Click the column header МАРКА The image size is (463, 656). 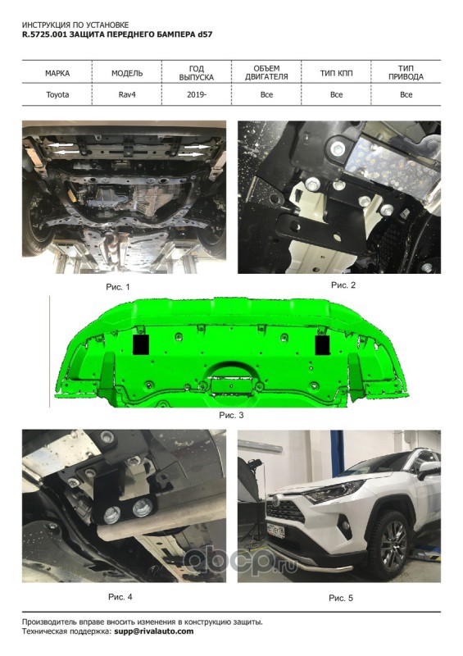[57, 73]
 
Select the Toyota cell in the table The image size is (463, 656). [57, 94]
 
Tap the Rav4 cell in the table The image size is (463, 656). [127, 94]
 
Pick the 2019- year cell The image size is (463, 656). [197, 94]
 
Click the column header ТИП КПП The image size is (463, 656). [336, 73]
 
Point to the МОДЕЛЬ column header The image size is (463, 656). [127, 73]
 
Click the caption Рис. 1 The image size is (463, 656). [118, 287]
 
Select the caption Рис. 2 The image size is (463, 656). [343, 285]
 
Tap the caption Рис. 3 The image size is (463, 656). [231, 415]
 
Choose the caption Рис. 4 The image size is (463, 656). [120, 597]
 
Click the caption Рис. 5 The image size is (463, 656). [340, 599]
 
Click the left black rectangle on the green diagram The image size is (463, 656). [141, 344]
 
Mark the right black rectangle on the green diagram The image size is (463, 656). [323, 344]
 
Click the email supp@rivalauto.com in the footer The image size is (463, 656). [154, 631]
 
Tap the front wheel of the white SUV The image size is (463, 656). [393, 544]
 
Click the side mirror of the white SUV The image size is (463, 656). [429, 471]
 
